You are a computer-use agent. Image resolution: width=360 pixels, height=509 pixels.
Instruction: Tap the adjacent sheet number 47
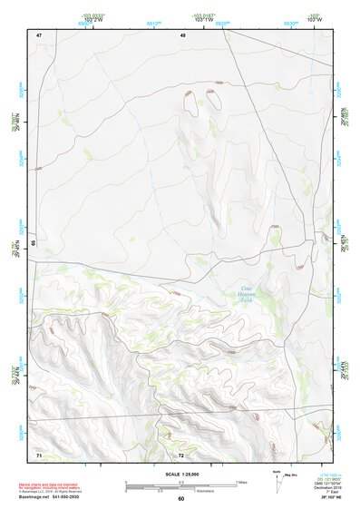coord(39,34)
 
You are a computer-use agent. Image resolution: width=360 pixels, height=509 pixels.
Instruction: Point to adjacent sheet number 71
coord(39,453)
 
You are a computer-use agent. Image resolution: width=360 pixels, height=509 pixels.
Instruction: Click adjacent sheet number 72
coord(181,453)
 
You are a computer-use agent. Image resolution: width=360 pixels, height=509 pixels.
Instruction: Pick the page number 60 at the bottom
coord(180,499)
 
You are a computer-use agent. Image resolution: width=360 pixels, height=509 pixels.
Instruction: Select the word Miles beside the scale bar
coord(242,481)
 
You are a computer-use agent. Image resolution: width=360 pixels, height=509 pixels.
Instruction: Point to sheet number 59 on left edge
coord(32,243)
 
